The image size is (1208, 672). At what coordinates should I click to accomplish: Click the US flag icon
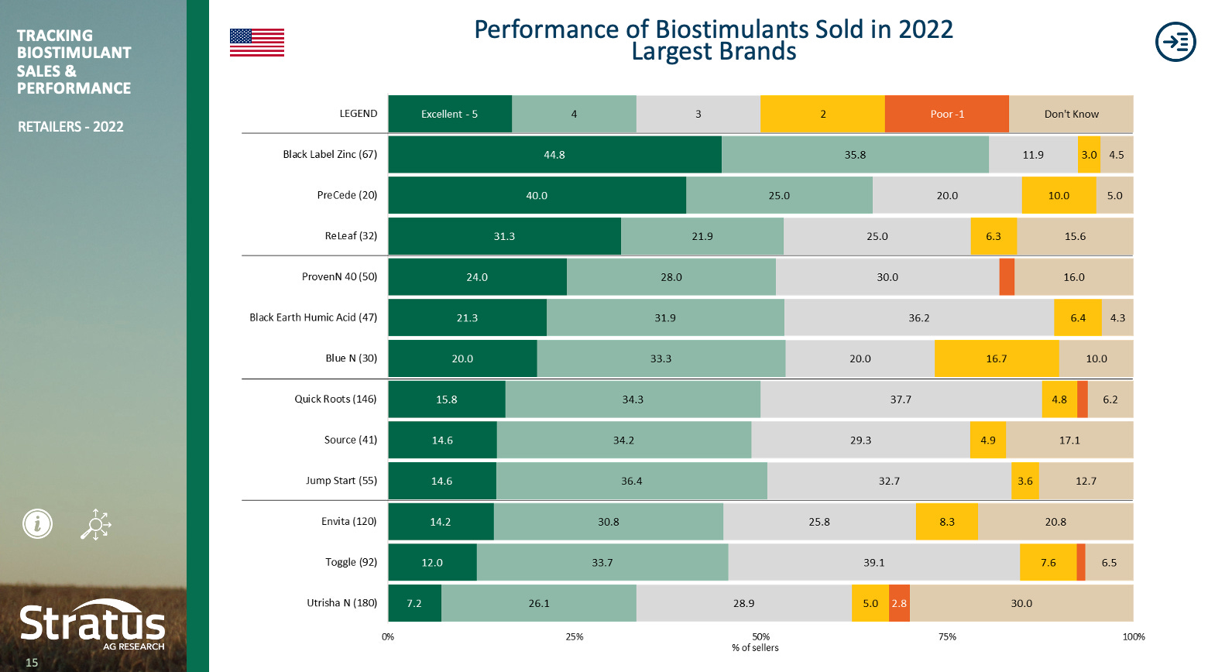256,43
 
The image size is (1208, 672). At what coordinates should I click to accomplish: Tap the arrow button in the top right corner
1175,42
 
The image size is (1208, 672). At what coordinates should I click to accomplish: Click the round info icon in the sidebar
37,524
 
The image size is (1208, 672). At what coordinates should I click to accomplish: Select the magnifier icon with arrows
96,525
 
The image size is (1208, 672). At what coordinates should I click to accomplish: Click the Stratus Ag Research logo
92,626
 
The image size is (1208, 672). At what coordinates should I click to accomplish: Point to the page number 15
32,662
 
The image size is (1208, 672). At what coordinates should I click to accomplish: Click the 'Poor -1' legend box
946,114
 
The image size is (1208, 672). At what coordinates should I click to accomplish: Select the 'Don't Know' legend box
1071,114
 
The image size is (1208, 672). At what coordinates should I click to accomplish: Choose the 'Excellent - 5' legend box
449,114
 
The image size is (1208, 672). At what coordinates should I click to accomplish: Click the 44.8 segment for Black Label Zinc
554,155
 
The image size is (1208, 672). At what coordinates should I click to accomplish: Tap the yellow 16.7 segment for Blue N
996,358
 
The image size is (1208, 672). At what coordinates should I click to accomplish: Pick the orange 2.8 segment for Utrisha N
899,603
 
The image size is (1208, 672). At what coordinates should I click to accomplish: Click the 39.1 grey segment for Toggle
873,562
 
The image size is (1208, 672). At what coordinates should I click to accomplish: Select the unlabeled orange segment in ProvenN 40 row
1007,277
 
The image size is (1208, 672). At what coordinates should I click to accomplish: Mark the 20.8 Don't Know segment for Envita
1055,522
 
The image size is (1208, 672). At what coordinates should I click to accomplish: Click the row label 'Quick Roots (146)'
335,399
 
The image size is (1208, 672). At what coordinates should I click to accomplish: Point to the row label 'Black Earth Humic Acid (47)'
313,317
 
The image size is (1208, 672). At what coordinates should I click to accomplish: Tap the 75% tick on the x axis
947,636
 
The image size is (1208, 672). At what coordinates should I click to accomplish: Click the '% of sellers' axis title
755,648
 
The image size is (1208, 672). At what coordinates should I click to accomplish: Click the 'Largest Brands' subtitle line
713,52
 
